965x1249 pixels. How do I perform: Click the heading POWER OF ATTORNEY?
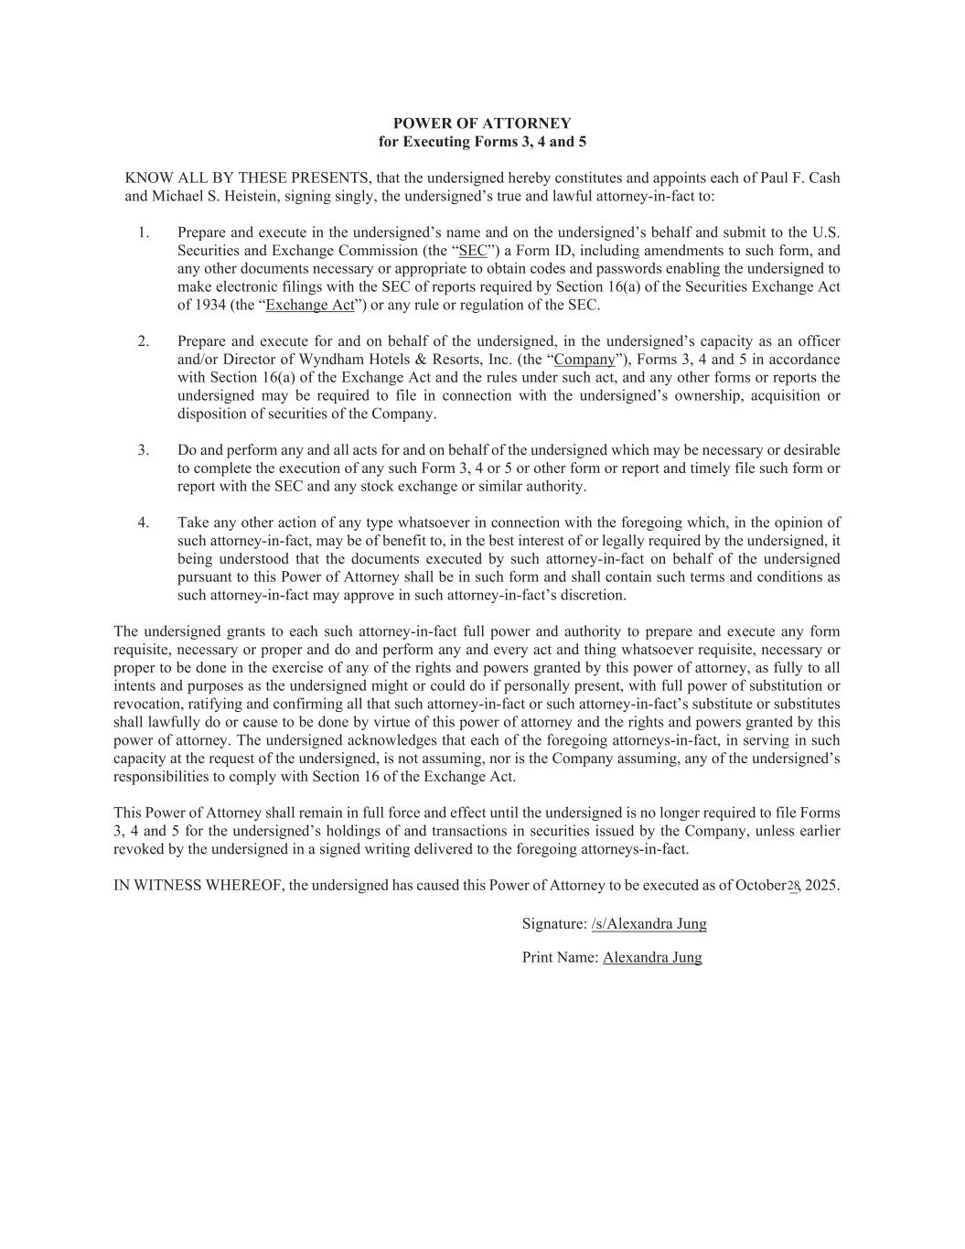click(482, 124)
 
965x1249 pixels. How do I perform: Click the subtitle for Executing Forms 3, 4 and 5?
click(482, 142)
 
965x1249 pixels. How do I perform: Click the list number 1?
click(144, 232)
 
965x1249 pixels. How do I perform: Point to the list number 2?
click(144, 341)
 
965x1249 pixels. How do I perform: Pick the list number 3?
click(144, 450)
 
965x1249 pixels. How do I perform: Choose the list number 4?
click(144, 522)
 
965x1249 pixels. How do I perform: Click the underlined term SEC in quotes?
click(473, 251)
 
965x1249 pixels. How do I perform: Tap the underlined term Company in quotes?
click(584, 360)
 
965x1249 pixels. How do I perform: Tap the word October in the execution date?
click(761, 886)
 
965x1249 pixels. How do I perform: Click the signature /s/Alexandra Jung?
click(649, 923)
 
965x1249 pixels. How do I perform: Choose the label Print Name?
click(560, 957)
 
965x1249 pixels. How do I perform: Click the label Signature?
click(554, 923)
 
